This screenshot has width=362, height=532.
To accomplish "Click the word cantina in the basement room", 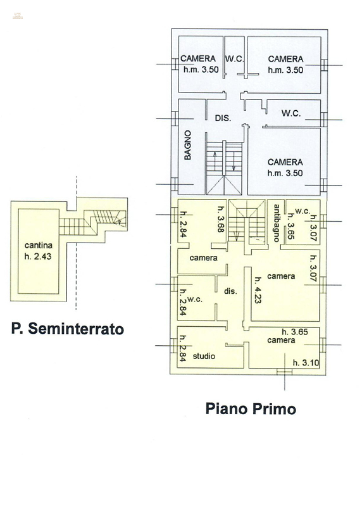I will [x=39, y=245].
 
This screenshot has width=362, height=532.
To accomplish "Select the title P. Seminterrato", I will [x=67, y=329].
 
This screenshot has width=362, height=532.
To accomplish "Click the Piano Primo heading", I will [x=251, y=408].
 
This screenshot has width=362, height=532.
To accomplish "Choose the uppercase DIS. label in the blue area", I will [x=222, y=118].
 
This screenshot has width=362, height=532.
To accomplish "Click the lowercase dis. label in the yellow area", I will [x=230, y=291].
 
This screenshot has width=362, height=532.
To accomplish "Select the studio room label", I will [x=204, y=356].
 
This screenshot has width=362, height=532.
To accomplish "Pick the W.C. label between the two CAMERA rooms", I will [x=235, y=59].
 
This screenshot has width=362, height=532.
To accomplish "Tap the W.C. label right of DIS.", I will [x=291, y=113].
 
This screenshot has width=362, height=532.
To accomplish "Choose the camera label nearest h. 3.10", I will [x=281, y=340].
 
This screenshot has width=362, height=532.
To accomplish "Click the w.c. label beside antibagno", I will [x=301, y=210].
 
